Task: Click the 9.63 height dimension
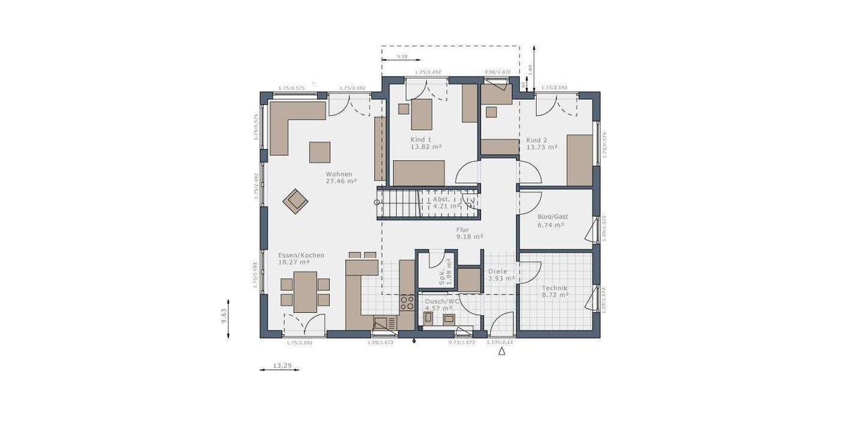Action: coord(224,316)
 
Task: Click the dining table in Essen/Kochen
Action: coord(305,291)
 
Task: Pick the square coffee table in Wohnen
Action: coord(320,152)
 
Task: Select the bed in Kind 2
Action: coord(580,160)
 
